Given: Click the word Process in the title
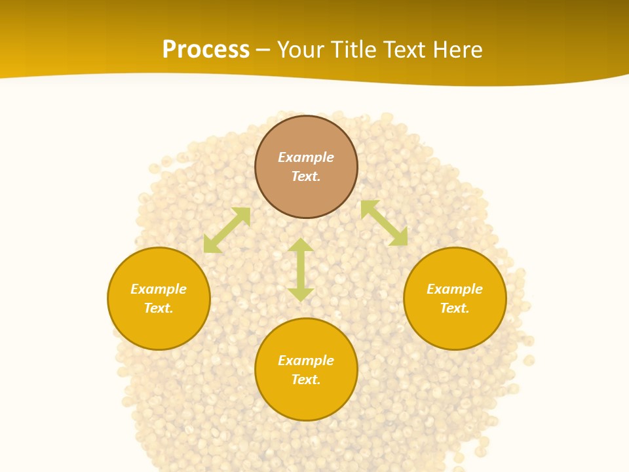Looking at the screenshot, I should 206,50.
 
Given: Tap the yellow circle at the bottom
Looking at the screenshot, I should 306,400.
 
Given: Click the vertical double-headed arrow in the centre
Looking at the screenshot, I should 301,269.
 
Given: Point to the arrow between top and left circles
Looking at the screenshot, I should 227,230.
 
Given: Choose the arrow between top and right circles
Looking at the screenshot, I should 384,223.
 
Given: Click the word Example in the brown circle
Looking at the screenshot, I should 306,157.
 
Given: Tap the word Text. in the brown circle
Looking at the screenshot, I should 306,176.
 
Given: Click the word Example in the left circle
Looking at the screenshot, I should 159,289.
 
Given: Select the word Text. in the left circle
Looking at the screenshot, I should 159,308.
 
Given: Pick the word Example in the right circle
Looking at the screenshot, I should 455,289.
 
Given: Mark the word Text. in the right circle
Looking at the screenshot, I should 455,308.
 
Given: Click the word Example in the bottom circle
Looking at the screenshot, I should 306,361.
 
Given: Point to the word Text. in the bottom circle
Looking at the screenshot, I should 306,380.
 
